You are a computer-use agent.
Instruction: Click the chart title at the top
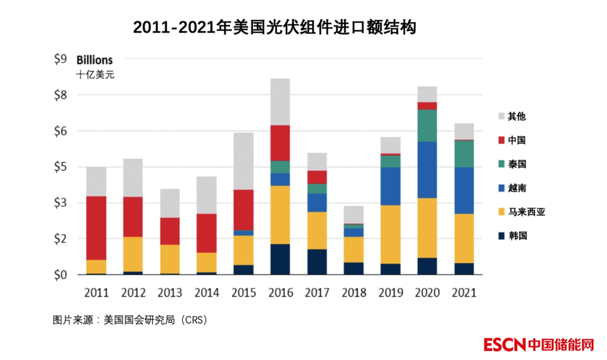[274, 27]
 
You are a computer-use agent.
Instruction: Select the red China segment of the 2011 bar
[97, 228]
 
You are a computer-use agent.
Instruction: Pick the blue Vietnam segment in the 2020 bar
[427, 169]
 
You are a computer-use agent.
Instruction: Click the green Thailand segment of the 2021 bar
[464, 154]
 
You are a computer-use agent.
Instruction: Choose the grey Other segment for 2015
[244, 160]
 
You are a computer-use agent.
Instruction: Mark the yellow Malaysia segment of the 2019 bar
[390, 234]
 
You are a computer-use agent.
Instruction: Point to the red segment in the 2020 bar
[427, 106]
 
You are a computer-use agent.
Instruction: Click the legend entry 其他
[517, 116]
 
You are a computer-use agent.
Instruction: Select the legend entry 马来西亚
[526, 212]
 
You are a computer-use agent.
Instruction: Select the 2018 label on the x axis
[353, 292]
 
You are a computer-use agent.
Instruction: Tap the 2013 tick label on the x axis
[170, 292]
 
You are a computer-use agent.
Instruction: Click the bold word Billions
[95, 60]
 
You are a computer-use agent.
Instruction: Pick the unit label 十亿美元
[95, 74]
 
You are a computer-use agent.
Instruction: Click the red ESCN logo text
[505, 345]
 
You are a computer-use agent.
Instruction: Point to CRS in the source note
[192, 319]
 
